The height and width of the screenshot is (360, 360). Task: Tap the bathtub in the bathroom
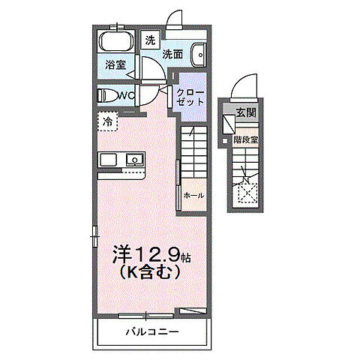116,42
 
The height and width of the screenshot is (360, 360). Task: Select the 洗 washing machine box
150,40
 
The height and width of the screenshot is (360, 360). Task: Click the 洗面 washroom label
173,54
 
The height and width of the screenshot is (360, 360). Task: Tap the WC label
125,95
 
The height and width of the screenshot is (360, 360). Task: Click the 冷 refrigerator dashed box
108,121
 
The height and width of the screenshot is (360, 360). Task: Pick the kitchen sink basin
135,160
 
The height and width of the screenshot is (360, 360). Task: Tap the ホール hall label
193,195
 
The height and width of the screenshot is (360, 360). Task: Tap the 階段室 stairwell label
244,139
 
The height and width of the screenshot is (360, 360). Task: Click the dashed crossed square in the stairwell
246,193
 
